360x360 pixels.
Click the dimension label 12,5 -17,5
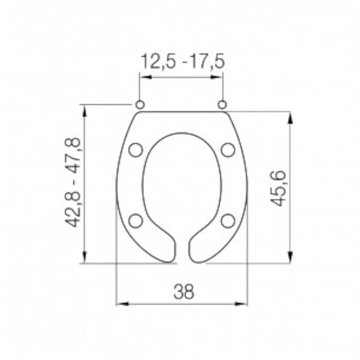coord(183,62)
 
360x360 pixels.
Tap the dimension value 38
coord(184,292)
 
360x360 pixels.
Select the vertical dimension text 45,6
coord(279,188)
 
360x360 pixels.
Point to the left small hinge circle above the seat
coord(140,104)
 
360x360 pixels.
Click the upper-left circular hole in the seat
coord(136,149)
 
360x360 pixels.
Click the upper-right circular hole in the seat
coord(228,149)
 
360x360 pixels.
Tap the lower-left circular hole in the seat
coord(136,221)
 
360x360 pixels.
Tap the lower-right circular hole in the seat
coord(228,221)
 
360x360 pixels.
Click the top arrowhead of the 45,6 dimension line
coord(290,117)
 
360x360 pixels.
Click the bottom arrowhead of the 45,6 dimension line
coord(290,257)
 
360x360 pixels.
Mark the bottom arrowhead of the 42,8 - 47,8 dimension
coord(85,257)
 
